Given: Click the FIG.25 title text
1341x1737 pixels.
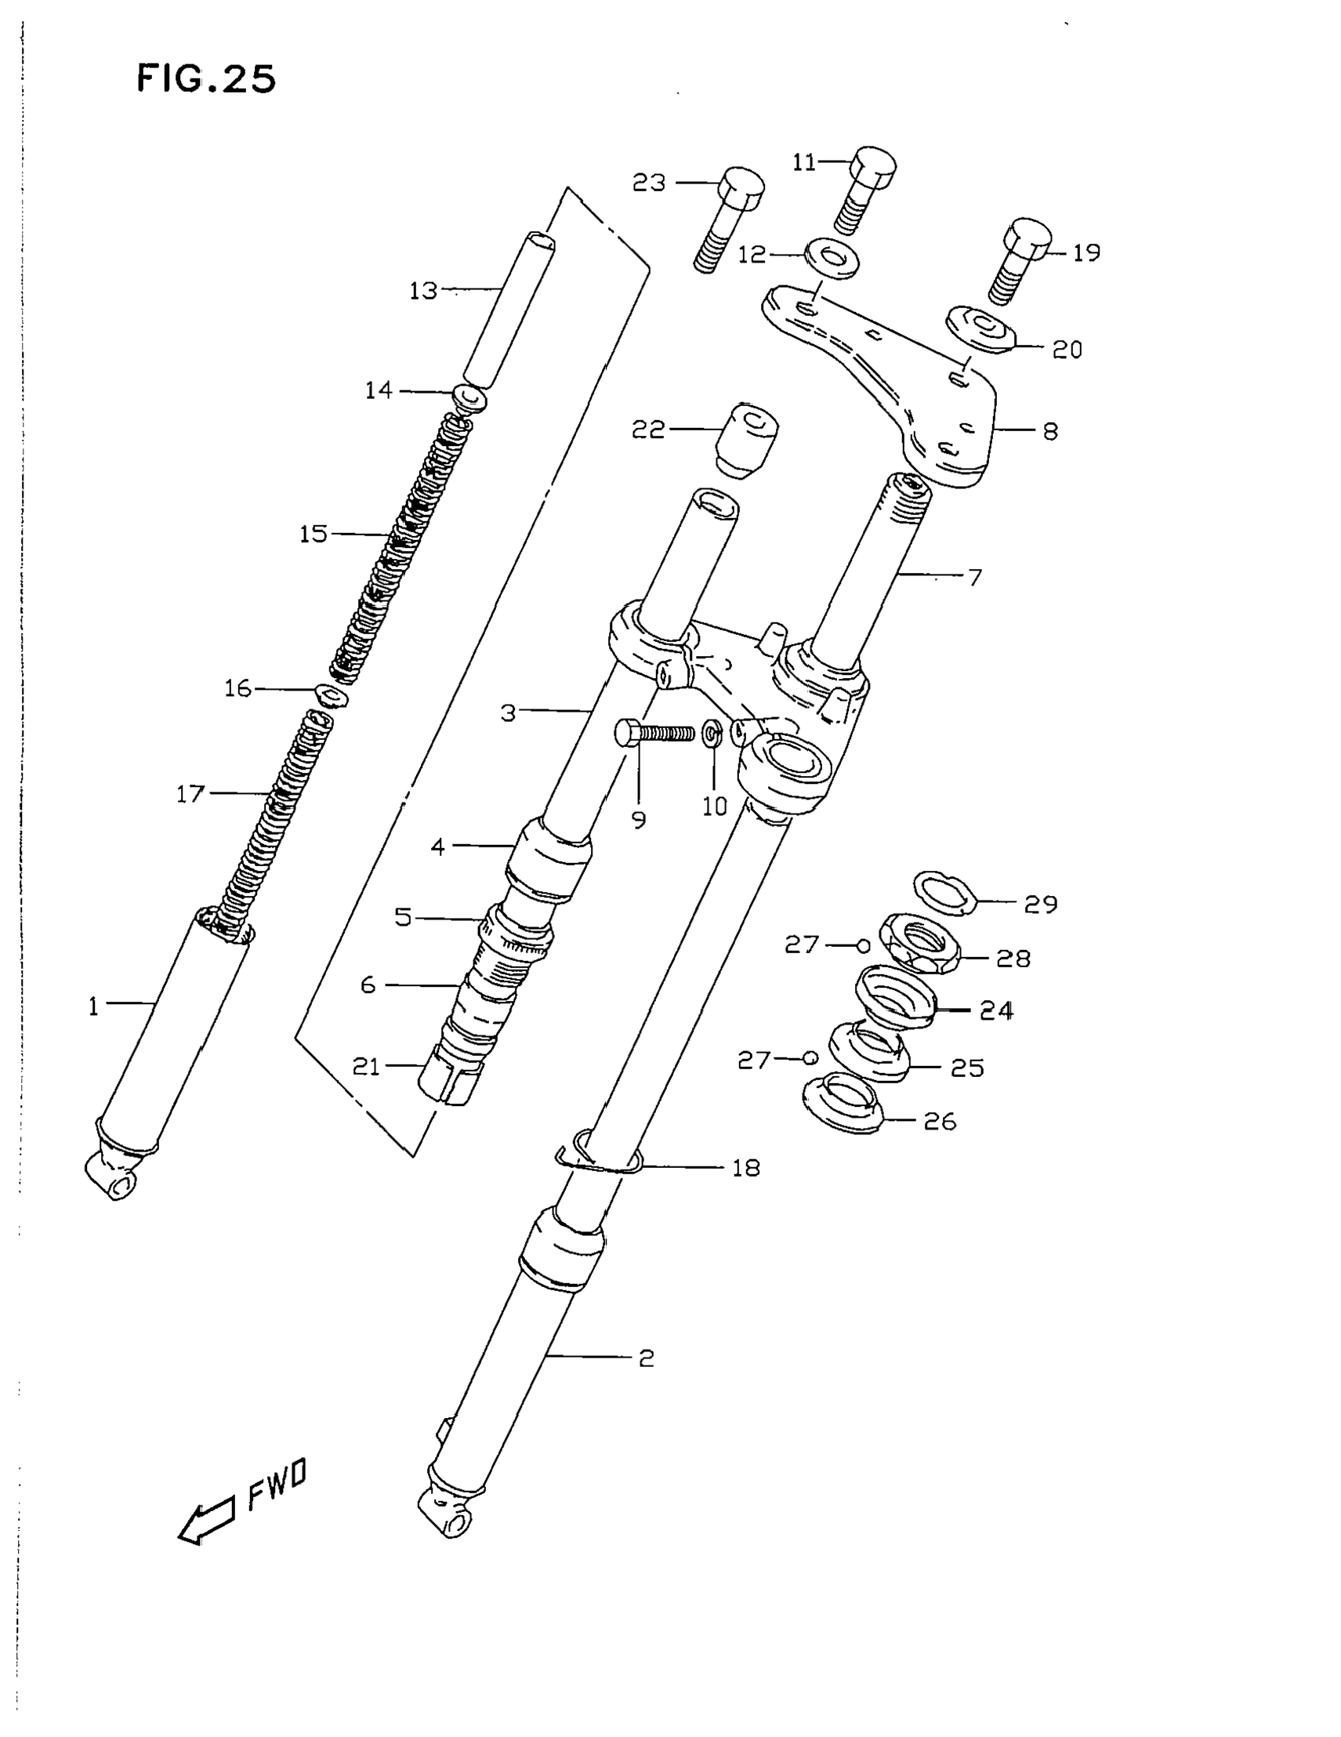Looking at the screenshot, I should coord(206,78).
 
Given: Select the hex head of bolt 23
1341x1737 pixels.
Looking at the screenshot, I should coord(741,187).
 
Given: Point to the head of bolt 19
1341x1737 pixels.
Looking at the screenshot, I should coord(1027,238).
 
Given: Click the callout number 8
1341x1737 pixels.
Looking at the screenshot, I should coord(1050,431).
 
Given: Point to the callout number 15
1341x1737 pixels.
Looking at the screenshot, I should coord(314,534).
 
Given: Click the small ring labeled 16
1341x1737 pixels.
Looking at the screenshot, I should coord(332,695).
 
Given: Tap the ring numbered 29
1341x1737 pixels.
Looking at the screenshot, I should coord(945,891).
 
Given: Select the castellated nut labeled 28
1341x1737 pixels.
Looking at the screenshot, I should coord(922,944).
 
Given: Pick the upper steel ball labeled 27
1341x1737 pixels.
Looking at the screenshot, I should coord(863,945).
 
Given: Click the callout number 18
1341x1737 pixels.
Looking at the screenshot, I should coord(746,1168).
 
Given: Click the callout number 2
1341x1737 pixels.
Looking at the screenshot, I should coord(646,1358).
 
